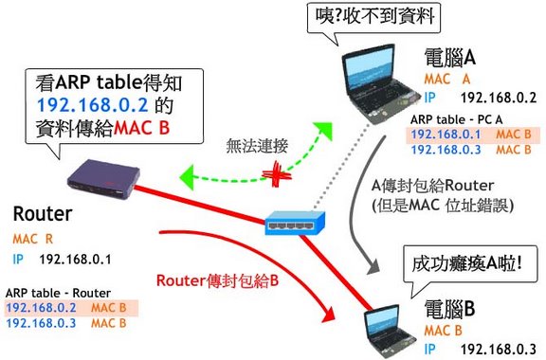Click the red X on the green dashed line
(x=277, y=173)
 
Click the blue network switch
(x=295, y=223)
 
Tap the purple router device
(x=103, y=180)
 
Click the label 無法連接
(x=257, y=146)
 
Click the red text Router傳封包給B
(x=218, y=280)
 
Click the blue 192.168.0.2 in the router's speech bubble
(x=93, y=105)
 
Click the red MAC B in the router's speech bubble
(x=142, y=128)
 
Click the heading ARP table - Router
(x=58, y=293)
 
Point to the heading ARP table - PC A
(x=457, y=119)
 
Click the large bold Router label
(x=43, y=214)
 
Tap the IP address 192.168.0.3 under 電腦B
(x=499, y=349)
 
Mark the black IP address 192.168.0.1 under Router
(x=75, y=260)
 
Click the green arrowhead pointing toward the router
(x=187, y=177)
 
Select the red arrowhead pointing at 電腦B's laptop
(x=329, y=315)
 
